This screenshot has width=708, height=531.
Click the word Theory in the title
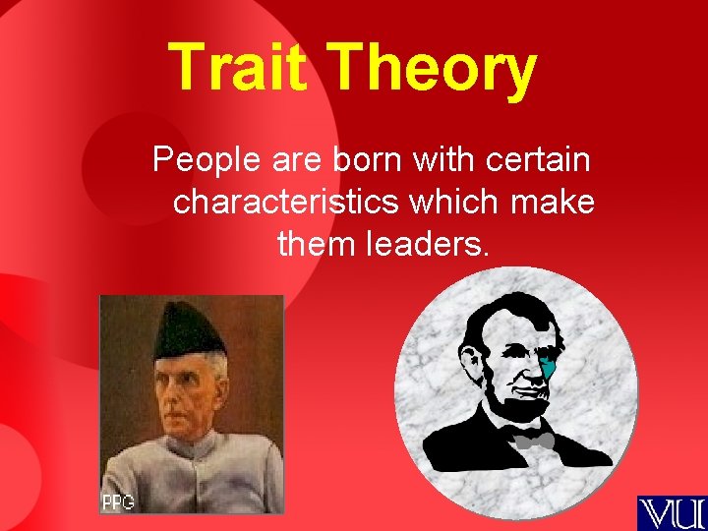click(x=433, y=69)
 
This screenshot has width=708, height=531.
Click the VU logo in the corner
click(x=671, y=512)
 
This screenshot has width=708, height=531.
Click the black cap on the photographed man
click(x=189, y=329)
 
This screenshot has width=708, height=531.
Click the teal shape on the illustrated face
click(x=552, y=369)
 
